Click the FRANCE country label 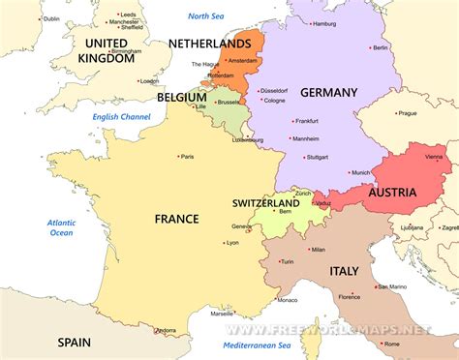176,220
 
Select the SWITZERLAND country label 265,204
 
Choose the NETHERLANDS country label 209,45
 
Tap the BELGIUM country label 182,98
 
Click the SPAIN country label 74,342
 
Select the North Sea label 205,16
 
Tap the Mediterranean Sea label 257,345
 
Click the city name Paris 187,156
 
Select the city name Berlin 381,47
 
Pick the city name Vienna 434,156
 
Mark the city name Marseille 222,314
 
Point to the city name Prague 407,112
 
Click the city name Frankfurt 307,121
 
